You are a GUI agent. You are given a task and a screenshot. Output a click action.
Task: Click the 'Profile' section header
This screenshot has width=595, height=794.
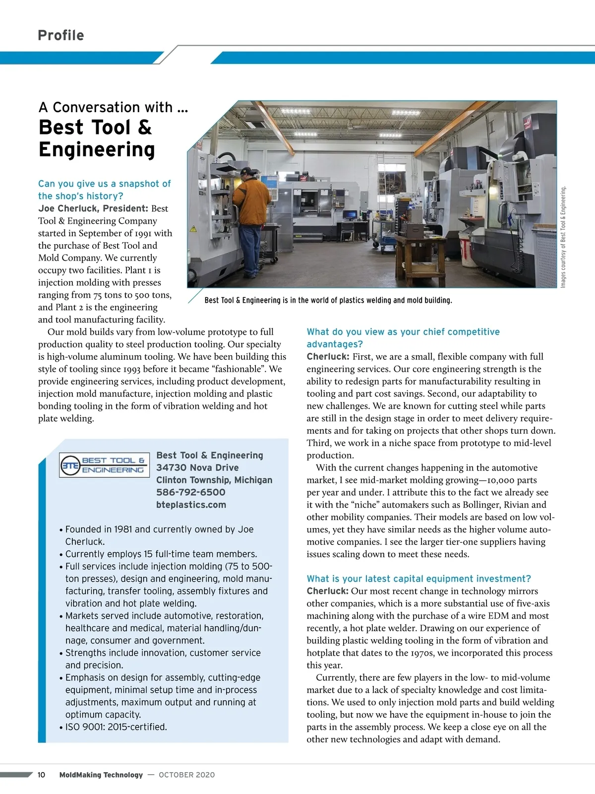point(60,35)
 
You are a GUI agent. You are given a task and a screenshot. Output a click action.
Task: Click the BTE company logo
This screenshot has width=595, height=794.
point(104,465)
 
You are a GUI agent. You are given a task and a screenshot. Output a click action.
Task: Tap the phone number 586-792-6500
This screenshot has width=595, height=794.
point(190,492)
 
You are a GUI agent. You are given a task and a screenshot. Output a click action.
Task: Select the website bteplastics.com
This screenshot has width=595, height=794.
point(191,505)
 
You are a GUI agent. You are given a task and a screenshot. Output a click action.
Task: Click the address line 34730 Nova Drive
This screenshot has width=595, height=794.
point(197,467)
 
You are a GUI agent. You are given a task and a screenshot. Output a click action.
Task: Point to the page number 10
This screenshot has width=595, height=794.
point(41,775)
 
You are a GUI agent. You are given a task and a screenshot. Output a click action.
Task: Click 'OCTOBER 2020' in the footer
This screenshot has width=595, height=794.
point(187,775)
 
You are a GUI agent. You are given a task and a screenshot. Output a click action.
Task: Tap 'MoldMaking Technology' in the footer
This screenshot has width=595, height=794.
point(101,775)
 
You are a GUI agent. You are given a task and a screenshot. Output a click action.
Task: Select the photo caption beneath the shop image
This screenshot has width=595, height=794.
point(328,300)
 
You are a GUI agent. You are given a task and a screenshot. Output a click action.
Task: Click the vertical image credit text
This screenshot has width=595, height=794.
point(563,237)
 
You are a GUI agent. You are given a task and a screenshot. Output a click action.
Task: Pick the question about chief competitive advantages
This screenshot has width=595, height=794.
point(403,338)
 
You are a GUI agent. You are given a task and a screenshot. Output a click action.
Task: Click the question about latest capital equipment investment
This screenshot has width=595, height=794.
point(418,579)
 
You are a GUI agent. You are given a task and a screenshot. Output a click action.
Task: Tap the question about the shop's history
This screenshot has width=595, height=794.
point(104,190)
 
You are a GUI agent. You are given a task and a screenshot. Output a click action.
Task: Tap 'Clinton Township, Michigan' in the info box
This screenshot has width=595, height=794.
point(214,480)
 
